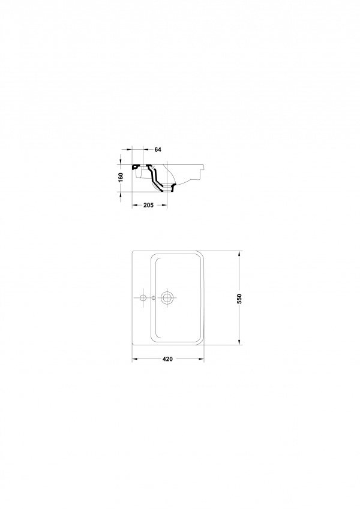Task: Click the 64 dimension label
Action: (x=158, y=150)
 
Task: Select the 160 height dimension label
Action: (x=121, y=177)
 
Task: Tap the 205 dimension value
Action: (x=148, y=205)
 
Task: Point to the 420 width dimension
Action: (x=167, y=359)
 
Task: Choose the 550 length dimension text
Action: (x=239, y=299)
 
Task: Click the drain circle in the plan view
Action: (x=167, y=297)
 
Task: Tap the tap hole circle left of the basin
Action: (x=142, y=297)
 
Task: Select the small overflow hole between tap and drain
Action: (x=154, y=297)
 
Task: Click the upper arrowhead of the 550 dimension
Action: (x=240, y=254)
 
